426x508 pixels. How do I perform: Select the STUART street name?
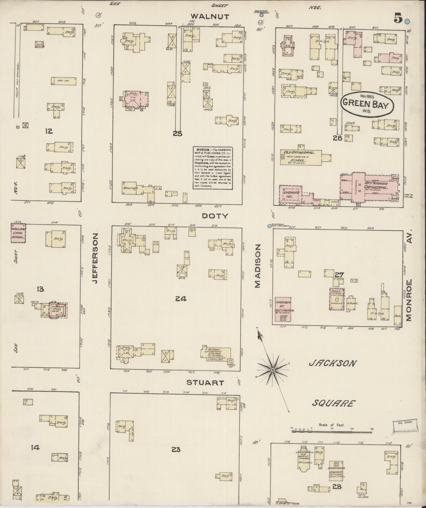point(205,383)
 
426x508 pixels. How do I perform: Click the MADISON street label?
point(258,266)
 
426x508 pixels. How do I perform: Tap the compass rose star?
point(273,370)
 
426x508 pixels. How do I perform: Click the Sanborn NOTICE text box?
point(212,168)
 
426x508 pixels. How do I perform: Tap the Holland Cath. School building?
point(18,233)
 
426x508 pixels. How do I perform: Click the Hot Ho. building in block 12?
point(64,81)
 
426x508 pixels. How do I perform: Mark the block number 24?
point(180,298)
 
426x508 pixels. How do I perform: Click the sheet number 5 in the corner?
point(398,18)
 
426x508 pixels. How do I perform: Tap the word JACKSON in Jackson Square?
point(333,363)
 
